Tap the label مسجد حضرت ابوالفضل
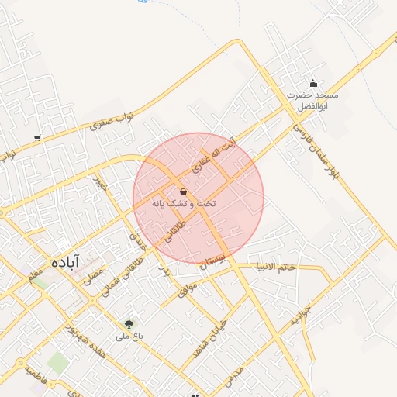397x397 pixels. (312, 100)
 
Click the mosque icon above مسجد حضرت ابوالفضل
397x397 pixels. (312, 84)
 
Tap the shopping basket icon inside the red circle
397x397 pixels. (183, 192)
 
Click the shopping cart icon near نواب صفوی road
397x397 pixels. (37, 138)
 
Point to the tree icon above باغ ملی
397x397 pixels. (129, 324)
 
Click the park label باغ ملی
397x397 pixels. (128, 337)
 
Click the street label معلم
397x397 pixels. (36, 275)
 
